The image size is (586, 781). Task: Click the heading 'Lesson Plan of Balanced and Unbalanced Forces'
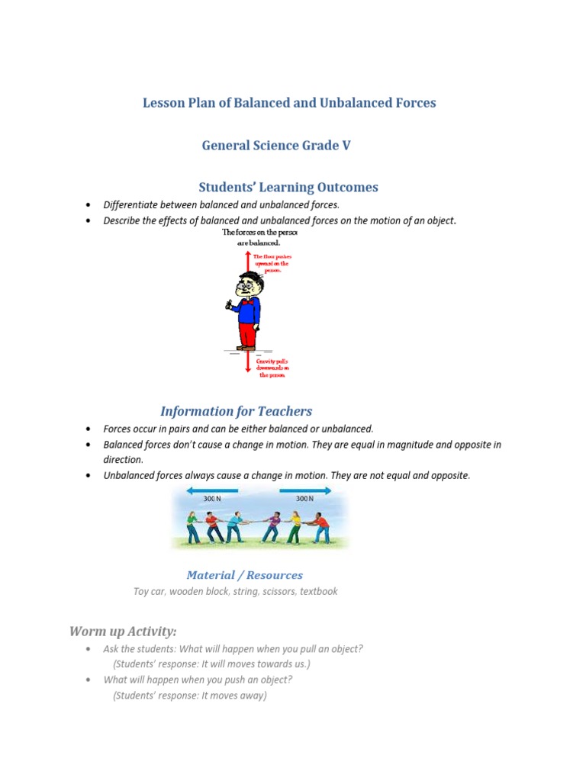point(289,102)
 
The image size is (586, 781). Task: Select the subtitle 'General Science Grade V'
point(276,145)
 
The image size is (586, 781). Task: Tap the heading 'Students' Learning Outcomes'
point(288,187)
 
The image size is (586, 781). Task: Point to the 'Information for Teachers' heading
point(236,411)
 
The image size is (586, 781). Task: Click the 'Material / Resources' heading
point(244,575)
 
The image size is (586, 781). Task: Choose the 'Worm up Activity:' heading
point(123,631)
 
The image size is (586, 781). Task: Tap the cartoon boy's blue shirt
point(247,310)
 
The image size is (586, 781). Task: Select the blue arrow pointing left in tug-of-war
point(211,491)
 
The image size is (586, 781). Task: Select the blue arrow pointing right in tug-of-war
point(305,491)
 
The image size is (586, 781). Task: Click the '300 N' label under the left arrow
point(212,499)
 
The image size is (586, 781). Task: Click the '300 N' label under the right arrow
point(305,499)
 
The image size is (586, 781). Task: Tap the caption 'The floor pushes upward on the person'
point(272,263)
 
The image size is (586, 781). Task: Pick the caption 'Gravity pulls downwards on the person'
point(273,368)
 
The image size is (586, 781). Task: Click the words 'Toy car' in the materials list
point(149,591)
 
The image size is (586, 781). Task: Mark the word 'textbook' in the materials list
point(318,591)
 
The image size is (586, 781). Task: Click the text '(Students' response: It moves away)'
point(190,696)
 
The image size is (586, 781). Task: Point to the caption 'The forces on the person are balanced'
point(259,237)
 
